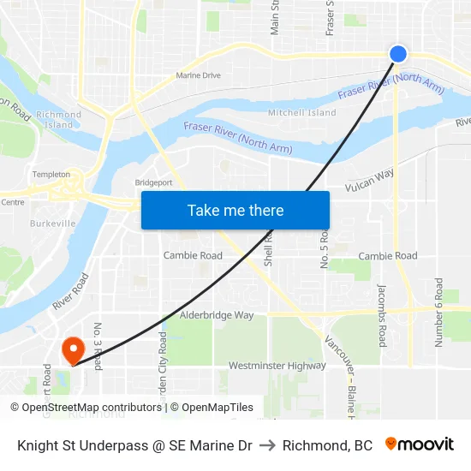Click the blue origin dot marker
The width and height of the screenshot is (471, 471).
(398, 54)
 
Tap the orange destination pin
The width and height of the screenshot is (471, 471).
(72, 349)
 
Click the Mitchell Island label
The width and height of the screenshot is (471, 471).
(302, 112)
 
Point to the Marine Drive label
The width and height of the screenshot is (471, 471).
(198, 75)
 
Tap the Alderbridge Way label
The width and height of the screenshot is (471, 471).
(217, 315)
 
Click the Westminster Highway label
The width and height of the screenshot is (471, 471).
(277, 366)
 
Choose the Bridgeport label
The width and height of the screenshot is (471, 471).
(153, 182)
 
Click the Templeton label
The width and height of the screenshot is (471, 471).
(51, 175)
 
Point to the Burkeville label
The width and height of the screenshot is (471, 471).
(52, 224)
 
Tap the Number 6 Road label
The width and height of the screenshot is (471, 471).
(439, 312)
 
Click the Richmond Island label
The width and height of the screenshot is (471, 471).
(59, 120)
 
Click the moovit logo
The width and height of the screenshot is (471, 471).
(419, 444)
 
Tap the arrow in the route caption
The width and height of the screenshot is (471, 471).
(267, 445)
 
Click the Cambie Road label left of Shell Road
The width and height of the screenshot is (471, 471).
(193, 256)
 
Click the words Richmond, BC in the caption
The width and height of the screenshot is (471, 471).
(327, 445)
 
